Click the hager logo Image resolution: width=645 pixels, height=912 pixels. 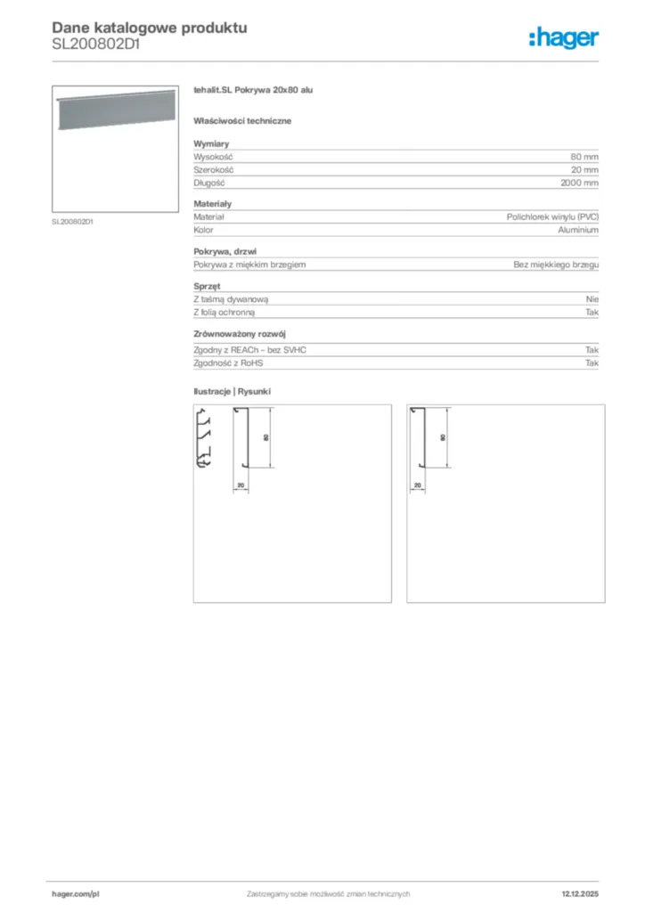(x=563, y=37)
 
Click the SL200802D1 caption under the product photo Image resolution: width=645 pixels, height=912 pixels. (x=73, y=222)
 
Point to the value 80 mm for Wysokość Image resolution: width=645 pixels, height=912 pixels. (x=584, y=156)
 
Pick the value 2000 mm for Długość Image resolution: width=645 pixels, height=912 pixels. (x=579, y=183)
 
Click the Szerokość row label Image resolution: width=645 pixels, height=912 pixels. (x=213, y=169)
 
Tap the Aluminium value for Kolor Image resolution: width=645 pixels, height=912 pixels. (x=578, y=230)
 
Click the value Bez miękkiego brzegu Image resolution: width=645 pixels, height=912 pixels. (x=556, y=265)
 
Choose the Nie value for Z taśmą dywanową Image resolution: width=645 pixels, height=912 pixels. (x=592, y=299)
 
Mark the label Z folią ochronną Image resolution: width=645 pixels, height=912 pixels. (x=225, y=313)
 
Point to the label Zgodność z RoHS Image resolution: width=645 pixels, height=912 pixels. (x=229, y=363)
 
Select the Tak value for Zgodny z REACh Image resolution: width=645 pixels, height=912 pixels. (x=592, y=350)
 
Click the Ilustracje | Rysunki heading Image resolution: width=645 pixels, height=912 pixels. (x=232, y=392)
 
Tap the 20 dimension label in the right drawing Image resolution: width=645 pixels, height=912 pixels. (x=418, y=485)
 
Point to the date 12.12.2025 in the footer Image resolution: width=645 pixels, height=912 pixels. (x=580, y=893)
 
